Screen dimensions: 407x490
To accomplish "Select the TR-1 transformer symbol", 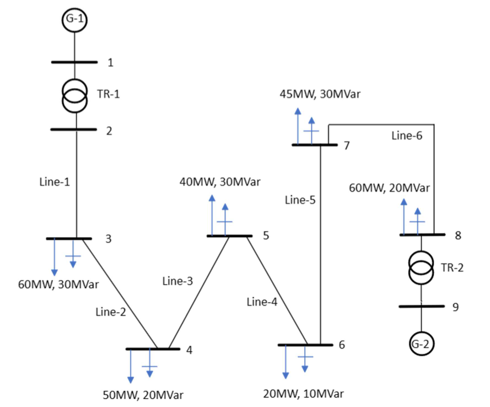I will click(74, 95).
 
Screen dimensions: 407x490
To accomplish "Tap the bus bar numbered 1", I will click(74, 62).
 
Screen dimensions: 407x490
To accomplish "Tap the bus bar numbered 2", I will click(74, 130).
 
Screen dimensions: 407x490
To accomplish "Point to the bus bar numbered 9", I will click(421, 306).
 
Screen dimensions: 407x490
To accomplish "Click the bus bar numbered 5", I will click(229, 236).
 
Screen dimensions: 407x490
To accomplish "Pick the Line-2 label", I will click(111, 312).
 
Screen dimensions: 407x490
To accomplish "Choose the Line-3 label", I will click(177, 281).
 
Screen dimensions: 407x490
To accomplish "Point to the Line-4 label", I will click(262, 302).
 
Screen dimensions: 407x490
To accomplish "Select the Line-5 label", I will click(300, 200).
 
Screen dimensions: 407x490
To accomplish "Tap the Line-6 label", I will click(407, 136).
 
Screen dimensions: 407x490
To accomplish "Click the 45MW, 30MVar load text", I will click(320, 94).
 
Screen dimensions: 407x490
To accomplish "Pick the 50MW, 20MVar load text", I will click(143, 394).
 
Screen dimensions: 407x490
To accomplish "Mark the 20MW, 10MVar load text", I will click(304, 393).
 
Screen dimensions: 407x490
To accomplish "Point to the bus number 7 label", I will click(346, 146).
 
